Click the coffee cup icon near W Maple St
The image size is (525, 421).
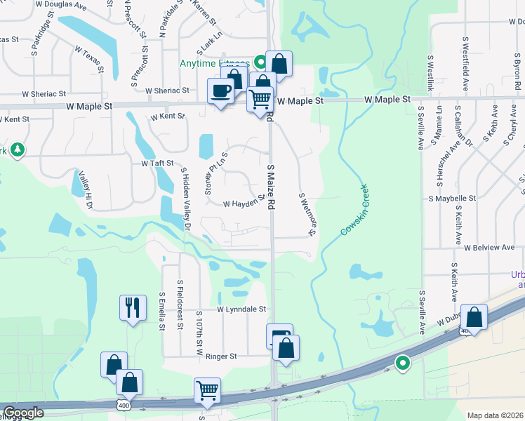click(221, 91)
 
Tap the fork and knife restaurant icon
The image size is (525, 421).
click(133, 307)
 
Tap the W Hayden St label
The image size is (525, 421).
click(244, 202)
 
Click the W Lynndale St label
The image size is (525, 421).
click(241, 309)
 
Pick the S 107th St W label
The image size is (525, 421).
click(199, 333)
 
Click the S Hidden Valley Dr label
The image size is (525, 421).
click(185, 199)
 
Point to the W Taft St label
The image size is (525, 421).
click(157, 163)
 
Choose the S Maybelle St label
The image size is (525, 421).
click(452, 199)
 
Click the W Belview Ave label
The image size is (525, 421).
click(489, 248)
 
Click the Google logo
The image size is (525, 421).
click(23, 413)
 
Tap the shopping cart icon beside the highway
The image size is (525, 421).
click(207, 390)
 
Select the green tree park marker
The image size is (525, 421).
click(17, 149)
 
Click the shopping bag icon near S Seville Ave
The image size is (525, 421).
click(474, 316)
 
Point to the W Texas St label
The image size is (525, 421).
click(89, 59)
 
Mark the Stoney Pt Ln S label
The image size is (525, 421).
click(215, 173)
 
